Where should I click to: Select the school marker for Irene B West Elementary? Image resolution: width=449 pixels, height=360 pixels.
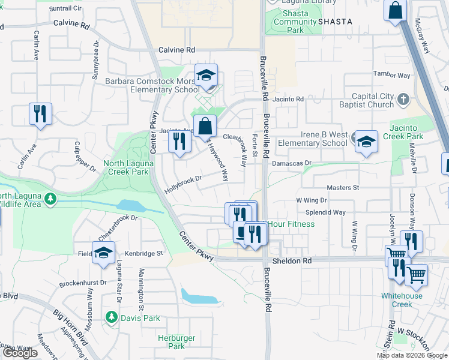click(x=366, y=143)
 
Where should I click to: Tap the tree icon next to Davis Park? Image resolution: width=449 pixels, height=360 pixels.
click(x=111, y=316)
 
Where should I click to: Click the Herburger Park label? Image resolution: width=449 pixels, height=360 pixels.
click(x=176, y=342)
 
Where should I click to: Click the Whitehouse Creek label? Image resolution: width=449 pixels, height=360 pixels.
click(x=401, y=300)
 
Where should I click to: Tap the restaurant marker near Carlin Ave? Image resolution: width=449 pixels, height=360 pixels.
click(x=40, y=113)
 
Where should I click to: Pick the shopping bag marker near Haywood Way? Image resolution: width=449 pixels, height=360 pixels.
click(x=205, y=127)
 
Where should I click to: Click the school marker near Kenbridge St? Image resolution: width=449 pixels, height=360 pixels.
click(x=103, y=254)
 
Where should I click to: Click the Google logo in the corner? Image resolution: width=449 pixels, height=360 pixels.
click(x=20, y=353)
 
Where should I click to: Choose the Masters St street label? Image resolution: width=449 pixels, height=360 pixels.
click(x=343, y=187)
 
